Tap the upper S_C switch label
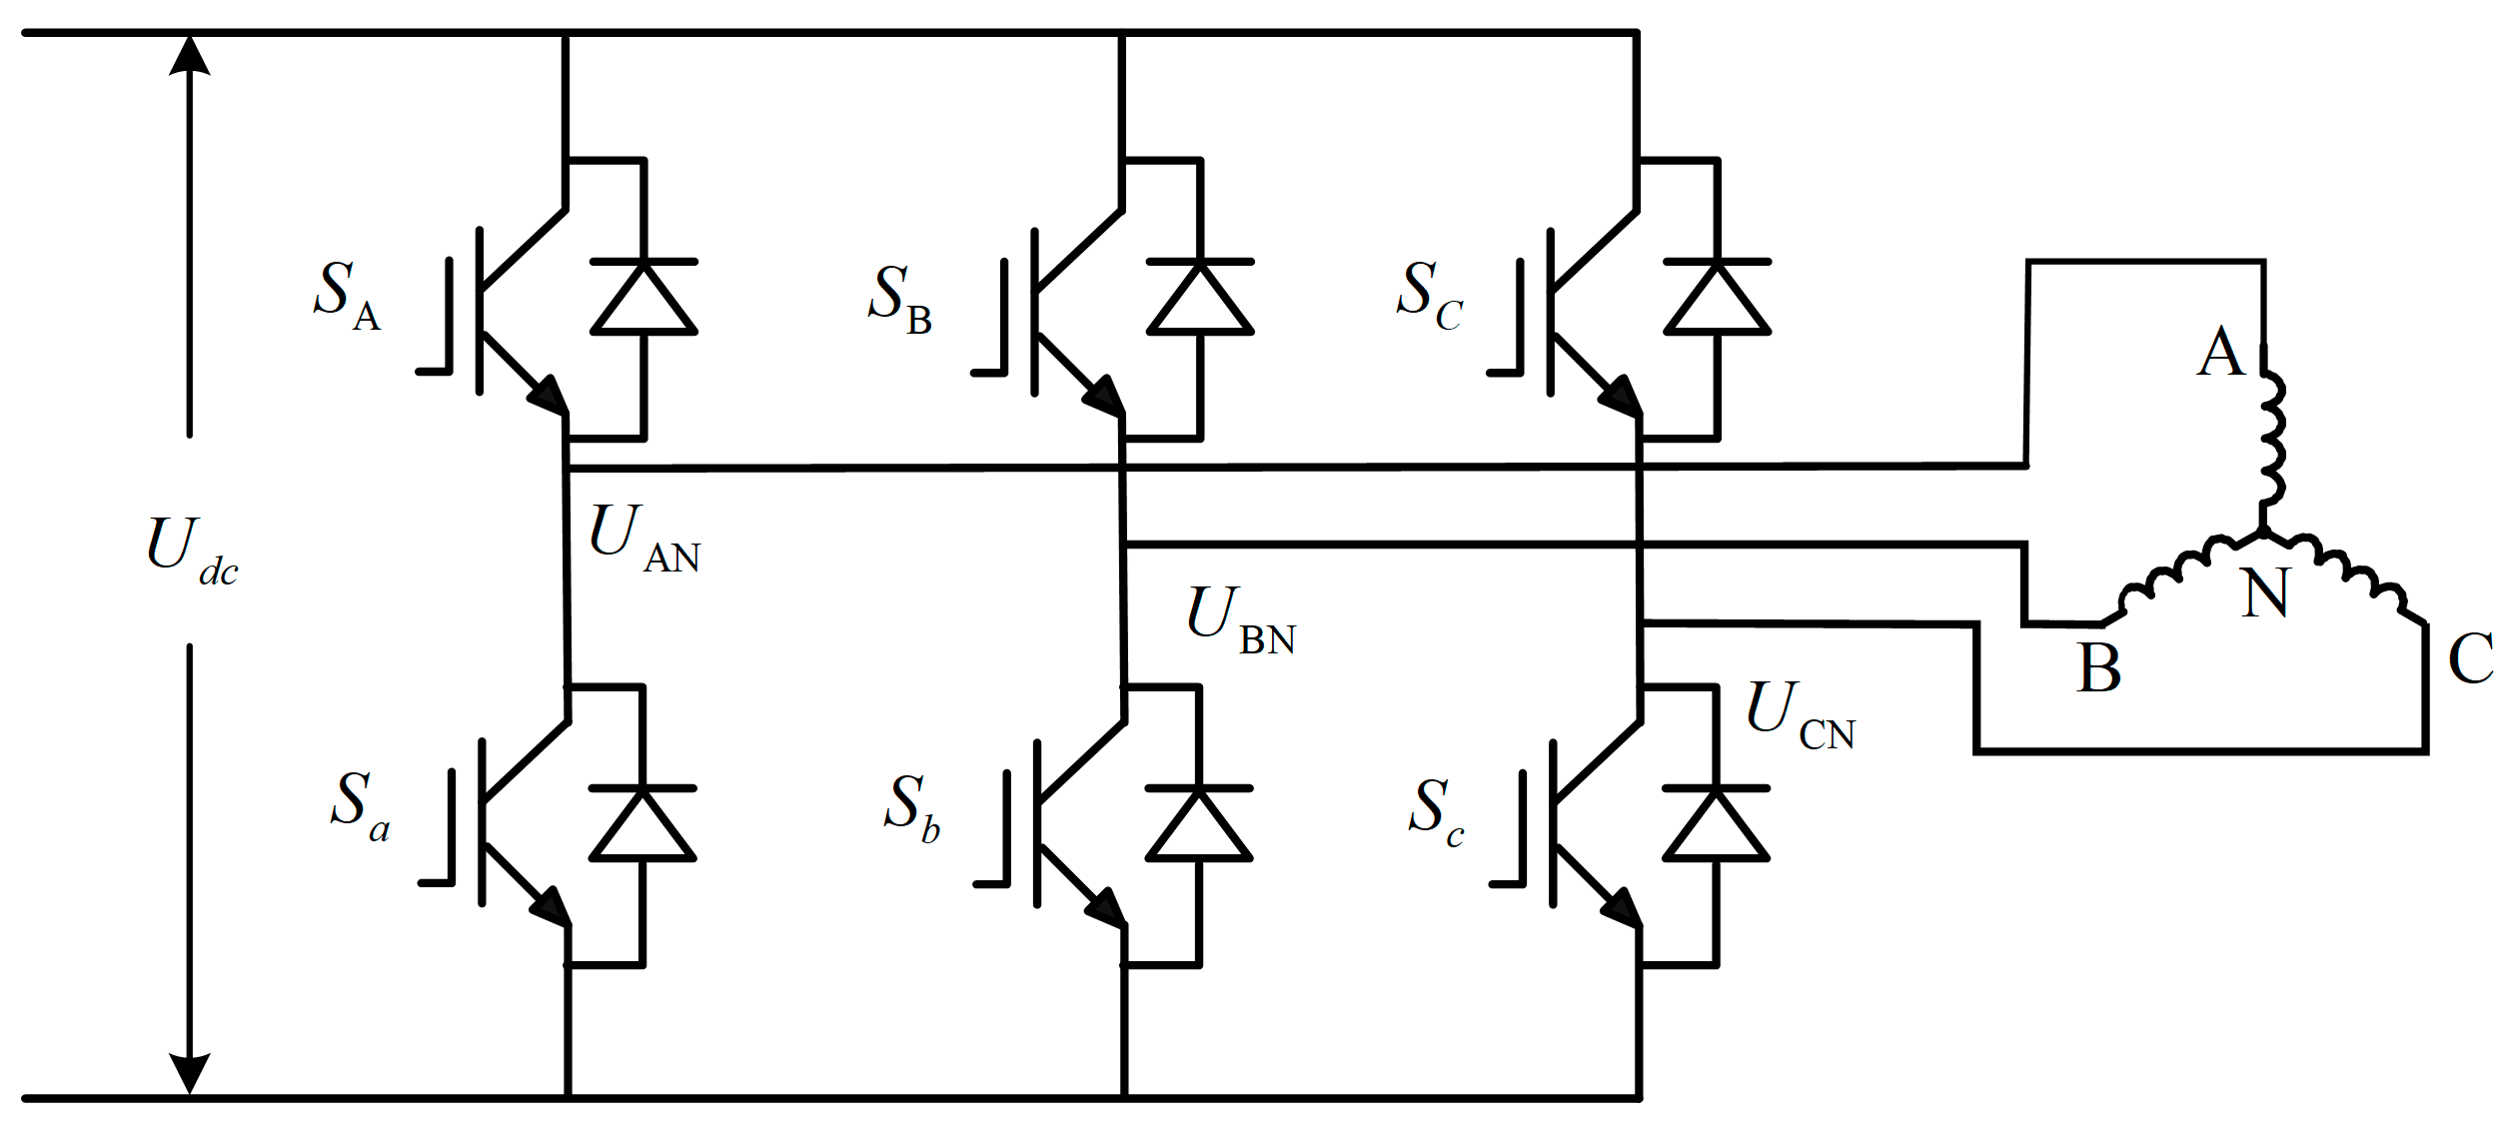click(x=1429, y=296)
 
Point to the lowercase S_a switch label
click(x=359, y=805)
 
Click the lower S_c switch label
click(x=1436, y=811)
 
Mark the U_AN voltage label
click(x=643, y=539)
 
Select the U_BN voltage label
click(x=1240, y=620)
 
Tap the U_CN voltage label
click(x=1800, y=715)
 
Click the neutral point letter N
click(x=2264, y=593)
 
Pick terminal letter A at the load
click(x=2220, y=352)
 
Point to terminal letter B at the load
click(x=2098, y=667)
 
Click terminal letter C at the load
click(x=2470, y=658)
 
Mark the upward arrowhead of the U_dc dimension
click(x=189, y=55)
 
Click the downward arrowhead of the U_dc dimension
click(x=189, y=1073)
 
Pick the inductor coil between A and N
click(x=2270, y=440)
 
